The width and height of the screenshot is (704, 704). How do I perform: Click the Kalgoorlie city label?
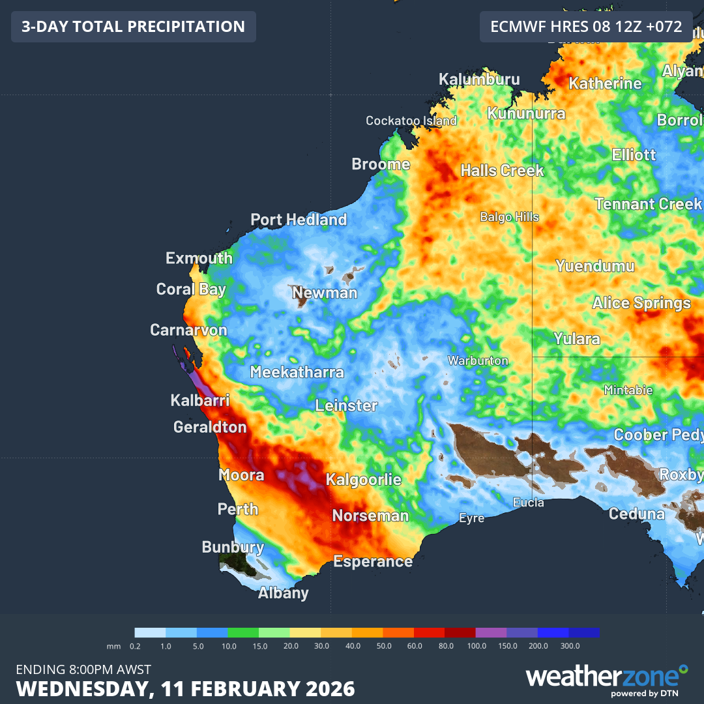click(363, 480)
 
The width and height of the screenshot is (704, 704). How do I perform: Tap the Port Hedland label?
click(299, 220)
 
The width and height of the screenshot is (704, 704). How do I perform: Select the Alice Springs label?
click(641, 303)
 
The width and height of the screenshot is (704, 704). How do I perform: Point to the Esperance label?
click(373, 561)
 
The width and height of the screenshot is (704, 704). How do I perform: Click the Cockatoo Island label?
click(411, 121)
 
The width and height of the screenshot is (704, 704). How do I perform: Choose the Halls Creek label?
click(502, 171)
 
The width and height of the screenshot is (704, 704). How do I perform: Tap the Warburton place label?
click(477, 360)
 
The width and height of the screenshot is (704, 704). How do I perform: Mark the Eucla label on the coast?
click(528, 503)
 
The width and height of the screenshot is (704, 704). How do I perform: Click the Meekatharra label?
click(297, 373)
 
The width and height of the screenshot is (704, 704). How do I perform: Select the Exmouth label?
click(199, 258)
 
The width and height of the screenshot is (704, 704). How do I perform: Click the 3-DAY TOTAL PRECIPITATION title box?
click(134, 27)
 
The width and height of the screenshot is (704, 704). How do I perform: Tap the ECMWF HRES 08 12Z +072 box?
click(586, 27)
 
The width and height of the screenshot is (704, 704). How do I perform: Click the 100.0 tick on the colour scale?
click(477, 646)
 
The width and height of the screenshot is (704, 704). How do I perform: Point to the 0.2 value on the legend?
click(135, 646)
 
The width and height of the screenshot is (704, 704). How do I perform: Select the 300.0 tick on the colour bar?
click(569, 646)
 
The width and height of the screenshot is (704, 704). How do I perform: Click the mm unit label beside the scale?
click(112, 646)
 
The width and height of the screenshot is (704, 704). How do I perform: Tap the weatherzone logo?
click(606, 678)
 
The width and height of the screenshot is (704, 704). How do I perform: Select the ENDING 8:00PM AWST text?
click(83, 669)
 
